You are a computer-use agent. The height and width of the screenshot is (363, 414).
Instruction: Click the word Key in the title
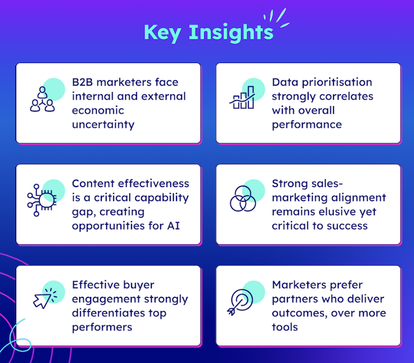(162, 33)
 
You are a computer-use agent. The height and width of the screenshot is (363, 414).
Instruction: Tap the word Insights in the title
(231, 33)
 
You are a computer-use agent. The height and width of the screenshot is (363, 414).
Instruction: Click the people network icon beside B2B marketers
(42, 99)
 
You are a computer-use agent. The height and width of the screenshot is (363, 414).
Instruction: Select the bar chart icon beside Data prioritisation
(242, 97)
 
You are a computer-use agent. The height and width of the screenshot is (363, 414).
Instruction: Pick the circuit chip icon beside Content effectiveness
(42, 200)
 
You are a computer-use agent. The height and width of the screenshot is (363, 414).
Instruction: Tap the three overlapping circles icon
(243, 199)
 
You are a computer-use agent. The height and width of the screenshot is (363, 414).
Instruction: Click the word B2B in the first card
(82, 82)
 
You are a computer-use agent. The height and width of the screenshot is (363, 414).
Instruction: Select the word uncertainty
(103, 125)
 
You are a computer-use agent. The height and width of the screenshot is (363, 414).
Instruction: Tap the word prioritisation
(337, 82)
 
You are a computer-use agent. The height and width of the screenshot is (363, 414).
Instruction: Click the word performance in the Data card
(307, 125)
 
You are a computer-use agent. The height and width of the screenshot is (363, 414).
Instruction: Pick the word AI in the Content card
(173, 226)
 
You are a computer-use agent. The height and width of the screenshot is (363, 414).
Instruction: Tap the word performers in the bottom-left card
(102, 327)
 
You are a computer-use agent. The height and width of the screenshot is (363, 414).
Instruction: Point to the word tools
(285, 327)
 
